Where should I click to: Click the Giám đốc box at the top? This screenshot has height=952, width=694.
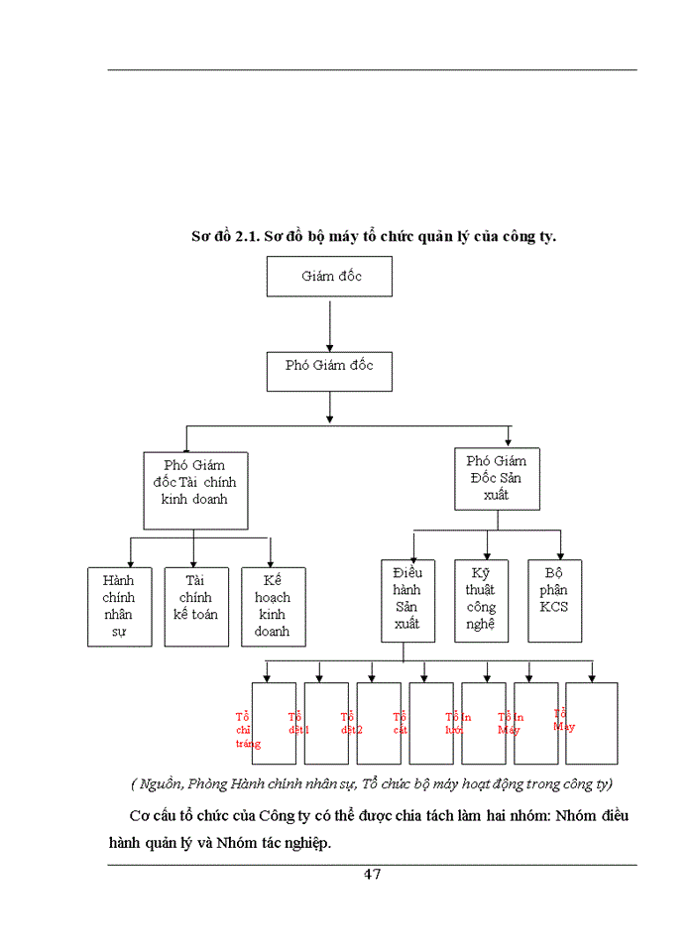click(329, 276)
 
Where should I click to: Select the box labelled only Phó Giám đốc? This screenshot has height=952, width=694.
click(329, 366)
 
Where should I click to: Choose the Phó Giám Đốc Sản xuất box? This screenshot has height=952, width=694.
click(498, 480)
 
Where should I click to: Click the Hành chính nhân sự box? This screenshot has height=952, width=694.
click(119, 606)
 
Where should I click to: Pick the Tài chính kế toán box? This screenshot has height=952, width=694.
click(196, 606)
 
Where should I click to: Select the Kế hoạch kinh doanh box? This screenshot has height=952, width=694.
click(273, 606)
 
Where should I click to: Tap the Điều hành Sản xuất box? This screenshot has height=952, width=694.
click(407, 600)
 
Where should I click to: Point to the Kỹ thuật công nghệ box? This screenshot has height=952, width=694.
click(481, 600)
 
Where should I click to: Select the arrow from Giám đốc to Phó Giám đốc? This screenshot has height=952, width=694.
click(329, 321)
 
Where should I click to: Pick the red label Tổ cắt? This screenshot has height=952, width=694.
click(401, 723)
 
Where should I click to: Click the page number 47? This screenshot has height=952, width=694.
click(372, 874)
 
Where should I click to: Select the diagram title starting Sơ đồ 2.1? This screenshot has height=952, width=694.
click(373, 236)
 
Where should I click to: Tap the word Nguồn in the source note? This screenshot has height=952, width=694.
click(161, 784)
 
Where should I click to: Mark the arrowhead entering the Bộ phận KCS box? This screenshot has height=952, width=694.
click(560, 553)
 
